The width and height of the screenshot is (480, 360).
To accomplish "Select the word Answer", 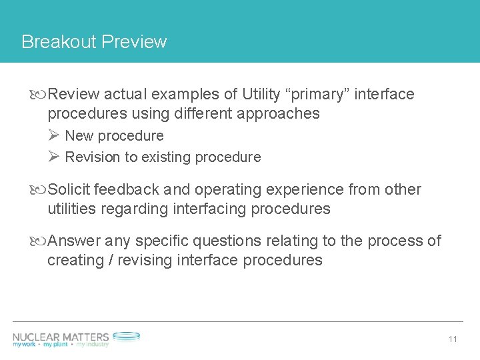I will pos(75,241).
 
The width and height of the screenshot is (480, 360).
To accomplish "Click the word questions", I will pos(232,241).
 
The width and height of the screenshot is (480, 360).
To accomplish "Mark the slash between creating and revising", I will pos(110,261).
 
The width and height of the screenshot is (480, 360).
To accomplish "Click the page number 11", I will pos(453,339).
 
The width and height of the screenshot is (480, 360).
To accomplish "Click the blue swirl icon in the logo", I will pos(126,337).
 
